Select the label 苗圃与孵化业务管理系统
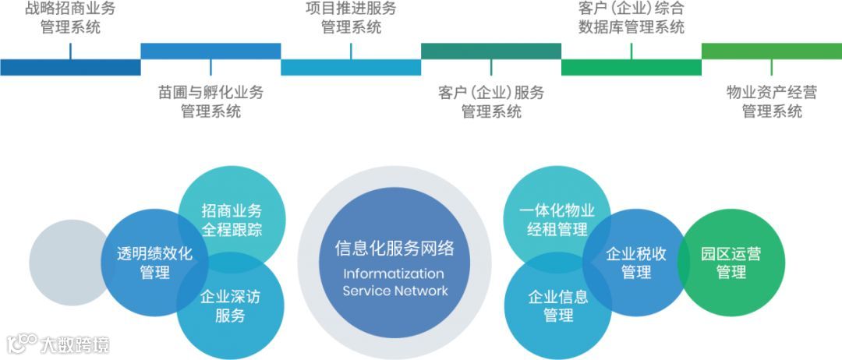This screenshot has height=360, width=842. tap(210, 102)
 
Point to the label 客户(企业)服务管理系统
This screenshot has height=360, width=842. tap(491, 102)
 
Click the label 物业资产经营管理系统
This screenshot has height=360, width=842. tap(772, 102)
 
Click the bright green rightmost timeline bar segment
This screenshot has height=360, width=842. tap(772, 51)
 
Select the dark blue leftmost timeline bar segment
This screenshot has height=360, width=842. tap(70, 67)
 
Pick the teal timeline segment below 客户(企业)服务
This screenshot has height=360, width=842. tap(491, 51)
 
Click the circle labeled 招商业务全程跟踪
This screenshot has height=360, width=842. tap(232, 220)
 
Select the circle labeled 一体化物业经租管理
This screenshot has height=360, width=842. tap(557, 220)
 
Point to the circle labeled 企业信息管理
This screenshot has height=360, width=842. tap(558, 306)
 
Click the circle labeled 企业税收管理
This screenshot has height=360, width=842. tap(636, 263)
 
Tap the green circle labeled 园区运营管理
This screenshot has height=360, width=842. tap(731, 263)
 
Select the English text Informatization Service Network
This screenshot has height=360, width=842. tap(394, 282)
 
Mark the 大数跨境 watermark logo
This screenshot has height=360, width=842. tap(58, 344)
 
